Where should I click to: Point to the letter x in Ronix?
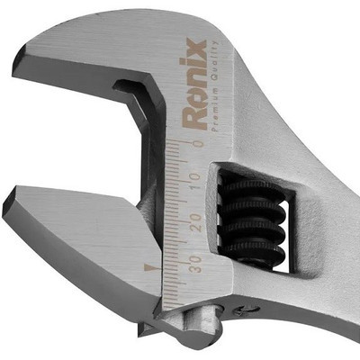(197, 46)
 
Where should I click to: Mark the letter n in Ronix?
(197, 76)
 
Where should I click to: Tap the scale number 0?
(198, 143)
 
